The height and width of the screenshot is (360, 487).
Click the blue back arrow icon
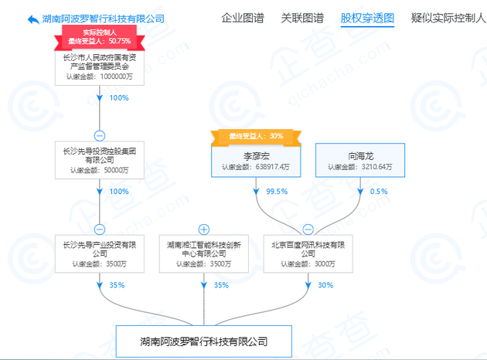33,19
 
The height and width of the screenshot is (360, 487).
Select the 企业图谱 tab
243,18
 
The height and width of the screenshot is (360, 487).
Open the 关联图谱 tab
302,18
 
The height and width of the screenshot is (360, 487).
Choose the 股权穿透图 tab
367,18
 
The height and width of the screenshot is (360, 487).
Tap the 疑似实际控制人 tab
448,18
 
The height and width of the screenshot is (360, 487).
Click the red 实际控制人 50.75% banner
100,38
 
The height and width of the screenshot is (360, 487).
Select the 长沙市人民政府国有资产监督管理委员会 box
100,68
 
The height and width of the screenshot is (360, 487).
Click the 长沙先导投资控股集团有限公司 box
100,160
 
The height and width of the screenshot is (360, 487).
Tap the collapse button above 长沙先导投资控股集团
100,136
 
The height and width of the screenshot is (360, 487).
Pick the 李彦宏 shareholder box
256,161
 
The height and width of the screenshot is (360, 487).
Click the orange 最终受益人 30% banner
256,138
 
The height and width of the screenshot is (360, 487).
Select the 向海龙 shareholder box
360,160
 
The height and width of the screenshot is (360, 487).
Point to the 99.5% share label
277,192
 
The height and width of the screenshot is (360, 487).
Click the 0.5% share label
379,192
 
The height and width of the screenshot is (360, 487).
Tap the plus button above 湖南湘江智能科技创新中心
204,229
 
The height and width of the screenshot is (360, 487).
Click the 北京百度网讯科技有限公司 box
308,254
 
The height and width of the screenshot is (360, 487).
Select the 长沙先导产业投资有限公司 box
100,254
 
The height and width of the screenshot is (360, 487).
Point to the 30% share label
325,285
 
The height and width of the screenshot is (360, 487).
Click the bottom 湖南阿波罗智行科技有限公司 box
204,341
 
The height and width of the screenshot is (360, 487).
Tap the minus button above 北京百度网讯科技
308,229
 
